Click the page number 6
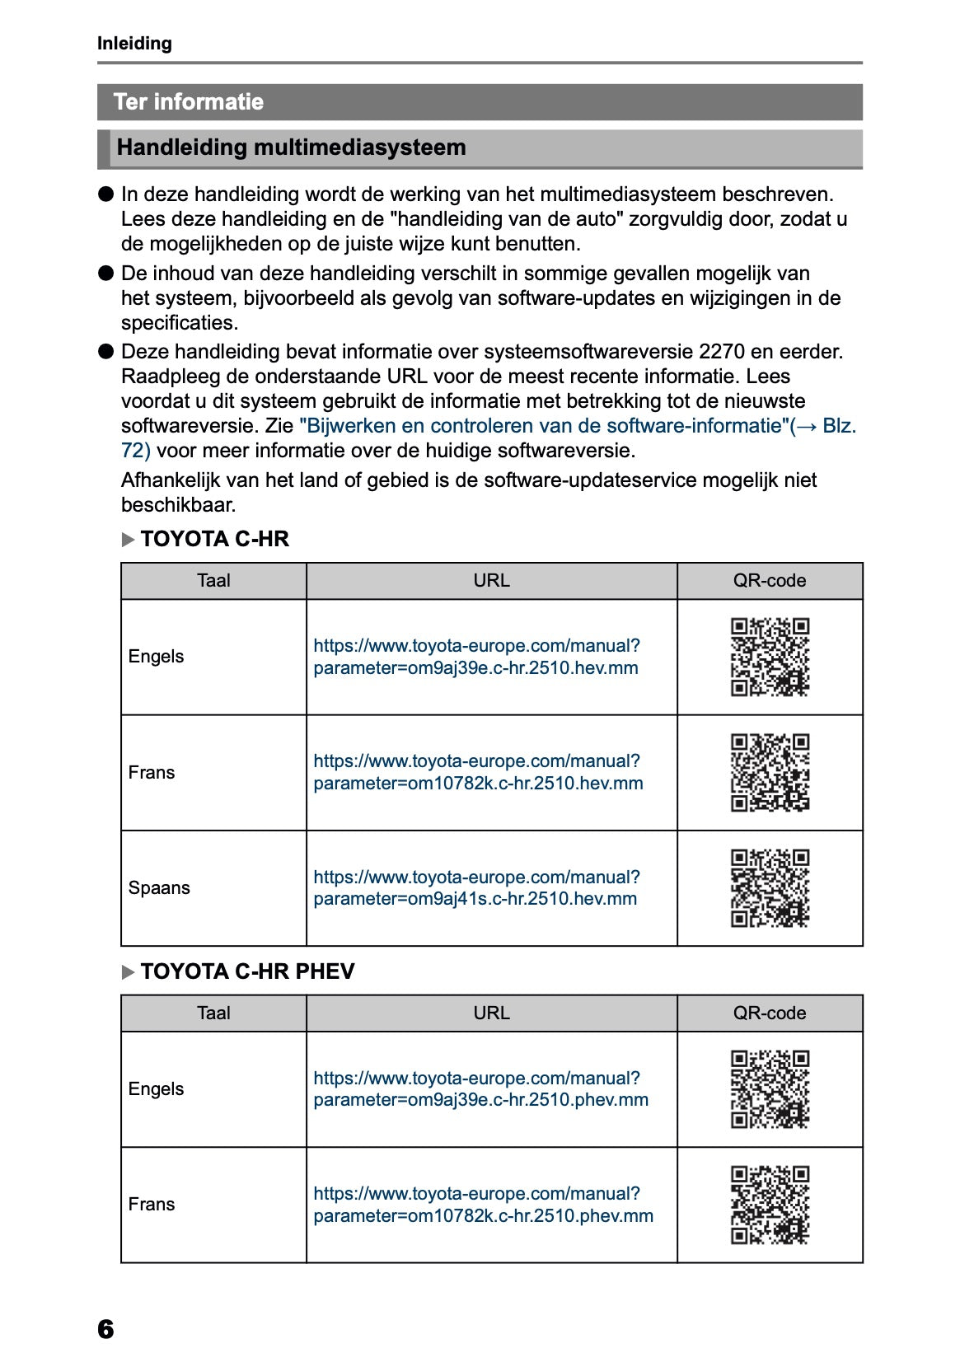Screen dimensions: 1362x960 (x=105, y=1328)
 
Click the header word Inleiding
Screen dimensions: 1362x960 (x=134, y=44)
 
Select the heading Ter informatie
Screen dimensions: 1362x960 (x=189, y=101)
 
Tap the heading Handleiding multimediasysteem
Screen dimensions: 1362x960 (x=291, y=147)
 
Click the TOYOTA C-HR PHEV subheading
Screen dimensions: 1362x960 (x=247, y=971)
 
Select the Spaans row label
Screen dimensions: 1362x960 (x=159, y=888)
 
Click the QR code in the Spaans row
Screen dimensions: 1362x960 (x=770, y=888)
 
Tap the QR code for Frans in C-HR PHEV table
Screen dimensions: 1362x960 (x=770, y=1205)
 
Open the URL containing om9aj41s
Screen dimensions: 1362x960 (x=475, y=888)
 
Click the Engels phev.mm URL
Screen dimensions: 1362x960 (x=480, y=1089)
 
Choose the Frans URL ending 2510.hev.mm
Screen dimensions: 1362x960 (x=477, y=773)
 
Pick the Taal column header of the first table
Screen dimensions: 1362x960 (x=213, y=581)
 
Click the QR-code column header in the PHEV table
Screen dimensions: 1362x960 (x=770, y=1013)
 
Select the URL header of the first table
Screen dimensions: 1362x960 (x=491, y=581)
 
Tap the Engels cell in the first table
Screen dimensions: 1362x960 (x=157, y=657)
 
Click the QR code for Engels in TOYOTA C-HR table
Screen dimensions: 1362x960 (x=770, y=657)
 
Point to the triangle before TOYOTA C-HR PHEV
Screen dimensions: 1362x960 (x=128, y=972)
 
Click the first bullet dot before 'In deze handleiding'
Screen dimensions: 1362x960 (x=105, y=194)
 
